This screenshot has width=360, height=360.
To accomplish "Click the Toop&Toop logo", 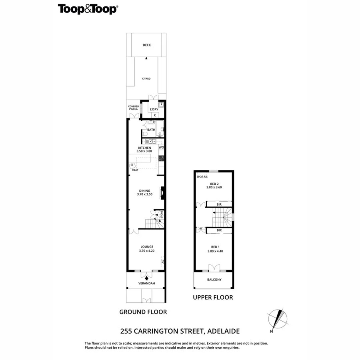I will pos(87,9).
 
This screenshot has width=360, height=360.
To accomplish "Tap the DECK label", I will pos(147,45).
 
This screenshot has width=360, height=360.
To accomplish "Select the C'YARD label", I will pos(147,79).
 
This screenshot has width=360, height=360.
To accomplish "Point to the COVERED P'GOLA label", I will pos(133,108).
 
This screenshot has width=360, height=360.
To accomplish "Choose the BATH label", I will pos(151,130).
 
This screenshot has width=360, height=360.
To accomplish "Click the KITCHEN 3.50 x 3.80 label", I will pos(144,150).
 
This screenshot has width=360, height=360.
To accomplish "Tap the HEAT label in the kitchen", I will pos(135,170).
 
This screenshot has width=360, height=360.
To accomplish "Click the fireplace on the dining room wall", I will pos(162,193).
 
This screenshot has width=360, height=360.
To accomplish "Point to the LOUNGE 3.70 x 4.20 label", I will pos(147,248).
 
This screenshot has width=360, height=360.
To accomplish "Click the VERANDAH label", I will pos(146,284).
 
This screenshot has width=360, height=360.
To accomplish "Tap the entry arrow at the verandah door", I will pos(147,277).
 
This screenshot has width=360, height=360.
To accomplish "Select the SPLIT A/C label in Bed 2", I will pos(202,176).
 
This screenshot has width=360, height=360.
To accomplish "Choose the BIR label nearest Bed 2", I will pos(219,204).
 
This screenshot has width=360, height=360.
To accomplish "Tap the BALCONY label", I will pos(214,280).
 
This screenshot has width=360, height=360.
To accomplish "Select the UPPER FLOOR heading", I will pos(213,297).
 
